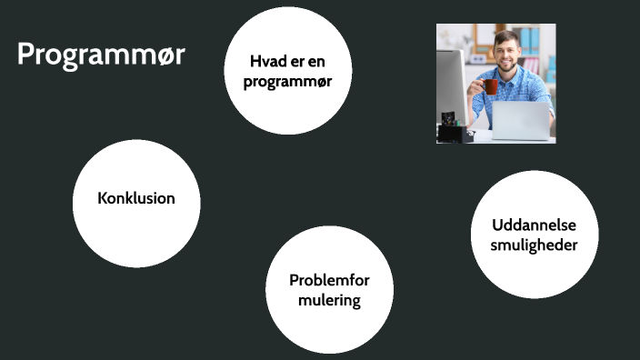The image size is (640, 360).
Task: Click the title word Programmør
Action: point(101,55)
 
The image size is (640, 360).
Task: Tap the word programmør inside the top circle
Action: point(287,81)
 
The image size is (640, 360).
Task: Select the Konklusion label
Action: point(136,198)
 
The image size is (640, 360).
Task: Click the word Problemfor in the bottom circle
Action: point(329,280)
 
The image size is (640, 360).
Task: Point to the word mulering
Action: point(329,300)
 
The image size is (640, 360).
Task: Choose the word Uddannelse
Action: point(534,225)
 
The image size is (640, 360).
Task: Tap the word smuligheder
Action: point(534,245)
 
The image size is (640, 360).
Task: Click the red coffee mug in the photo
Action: point(491,86)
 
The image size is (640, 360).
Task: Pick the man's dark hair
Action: point(505,36)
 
